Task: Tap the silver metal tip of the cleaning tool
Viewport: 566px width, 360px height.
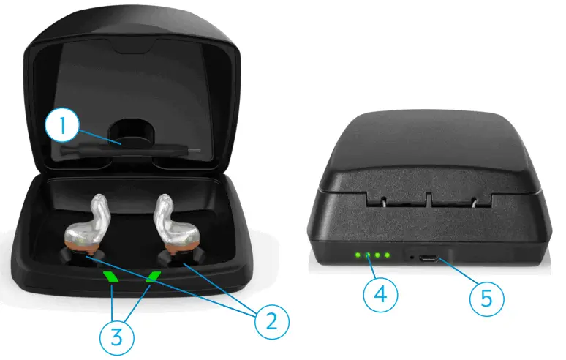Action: (192, 150)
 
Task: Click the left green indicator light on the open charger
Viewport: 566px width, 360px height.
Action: (111, 277)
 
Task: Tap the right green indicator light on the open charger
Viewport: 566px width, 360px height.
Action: (154, 277)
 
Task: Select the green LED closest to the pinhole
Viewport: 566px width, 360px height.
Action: (387, 256)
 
